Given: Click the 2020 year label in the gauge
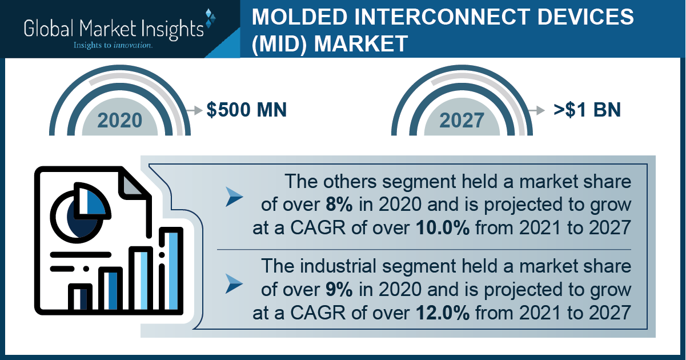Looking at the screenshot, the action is click(x=120, y=120).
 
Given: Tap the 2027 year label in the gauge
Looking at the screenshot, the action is click(x=462, y=120).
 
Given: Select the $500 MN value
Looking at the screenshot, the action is click(x=247, y=110).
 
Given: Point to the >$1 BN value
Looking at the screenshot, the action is click(x=587, y=110).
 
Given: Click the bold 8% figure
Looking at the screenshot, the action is click(x=339, y=205).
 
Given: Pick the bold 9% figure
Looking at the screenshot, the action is click(x=339, y=290).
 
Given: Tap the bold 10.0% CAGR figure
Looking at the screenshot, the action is click(x=443, y=227).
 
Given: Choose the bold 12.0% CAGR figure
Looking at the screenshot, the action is click(x=443, y=313).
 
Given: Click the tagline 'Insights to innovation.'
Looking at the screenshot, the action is click(x=113, y=45).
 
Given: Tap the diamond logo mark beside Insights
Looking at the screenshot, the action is click(x=210, y=18).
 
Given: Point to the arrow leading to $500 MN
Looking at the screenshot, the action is click(x=194, y=110).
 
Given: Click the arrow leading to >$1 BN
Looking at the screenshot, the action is click(x=536, y=110).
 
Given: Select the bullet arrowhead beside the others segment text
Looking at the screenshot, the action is click(x=234, y=197).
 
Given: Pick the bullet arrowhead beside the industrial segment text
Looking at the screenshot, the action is click(x=234, y=284).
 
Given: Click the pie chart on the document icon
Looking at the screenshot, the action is click(x=80, y=213).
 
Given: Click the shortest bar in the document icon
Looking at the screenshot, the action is click(x=80, y=298).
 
